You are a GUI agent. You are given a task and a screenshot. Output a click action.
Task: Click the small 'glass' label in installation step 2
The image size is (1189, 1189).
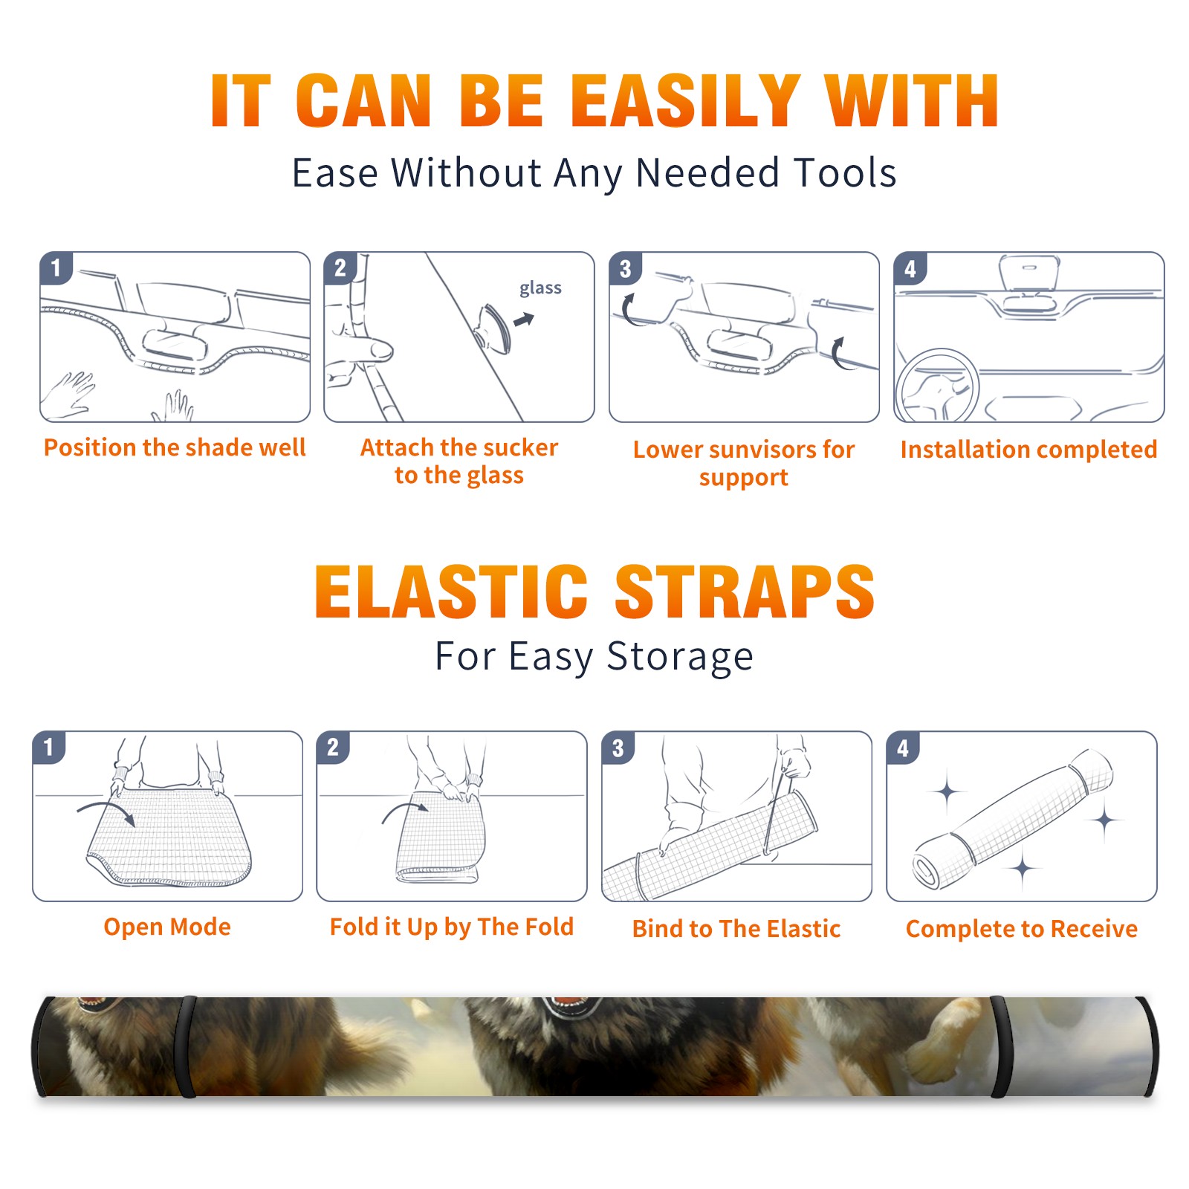coord(540,288)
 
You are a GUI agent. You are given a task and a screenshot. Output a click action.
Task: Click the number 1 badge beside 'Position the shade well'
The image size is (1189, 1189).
coord(56,267)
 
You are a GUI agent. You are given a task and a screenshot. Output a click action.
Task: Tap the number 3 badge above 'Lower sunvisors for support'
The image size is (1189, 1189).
coord(625,268)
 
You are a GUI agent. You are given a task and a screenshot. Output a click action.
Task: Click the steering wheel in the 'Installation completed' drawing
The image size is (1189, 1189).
coord(937,386)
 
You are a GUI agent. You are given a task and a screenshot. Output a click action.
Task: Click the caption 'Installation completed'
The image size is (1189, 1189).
coord(1028,449)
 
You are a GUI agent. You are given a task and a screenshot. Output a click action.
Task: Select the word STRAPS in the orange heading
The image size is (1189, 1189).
coord(745,592)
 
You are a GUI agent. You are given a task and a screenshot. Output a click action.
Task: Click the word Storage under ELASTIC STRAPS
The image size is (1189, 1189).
coord(680,657)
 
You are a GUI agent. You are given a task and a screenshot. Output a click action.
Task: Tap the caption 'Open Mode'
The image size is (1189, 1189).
coord(167,927)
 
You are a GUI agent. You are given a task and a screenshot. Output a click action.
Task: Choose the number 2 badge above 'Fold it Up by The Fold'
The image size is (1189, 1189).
coord(333,747)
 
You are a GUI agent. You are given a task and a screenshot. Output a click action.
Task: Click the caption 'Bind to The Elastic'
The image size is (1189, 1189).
coord(736,929)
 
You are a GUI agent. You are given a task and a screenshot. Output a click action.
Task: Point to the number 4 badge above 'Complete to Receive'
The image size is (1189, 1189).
coord(903,748)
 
